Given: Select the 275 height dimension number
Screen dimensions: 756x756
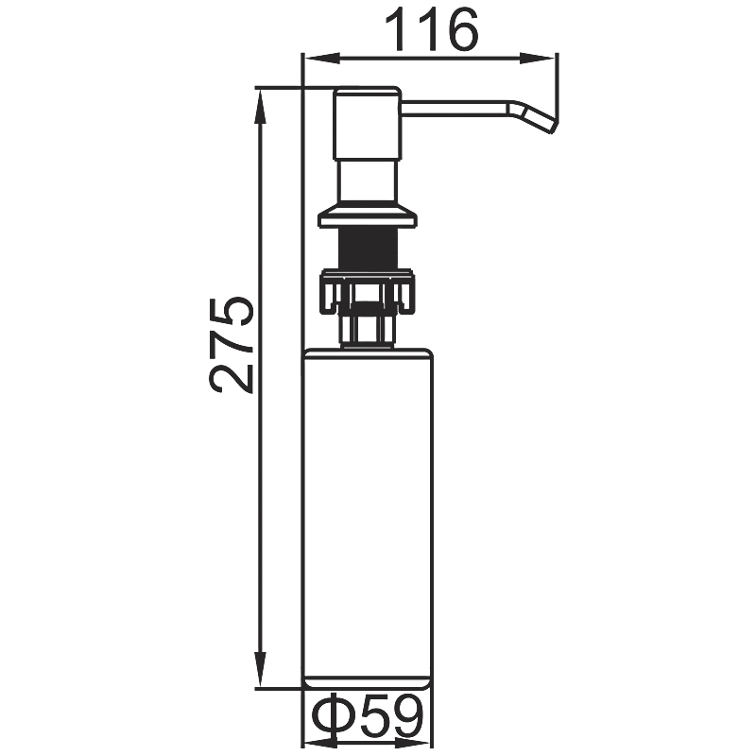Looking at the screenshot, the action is [232, 345].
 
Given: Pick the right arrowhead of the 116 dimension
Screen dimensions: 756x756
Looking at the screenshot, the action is [538, 59].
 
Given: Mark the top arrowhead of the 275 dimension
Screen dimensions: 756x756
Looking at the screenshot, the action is [261, 108].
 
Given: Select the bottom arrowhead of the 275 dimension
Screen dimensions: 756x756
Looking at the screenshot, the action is [261, 669].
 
